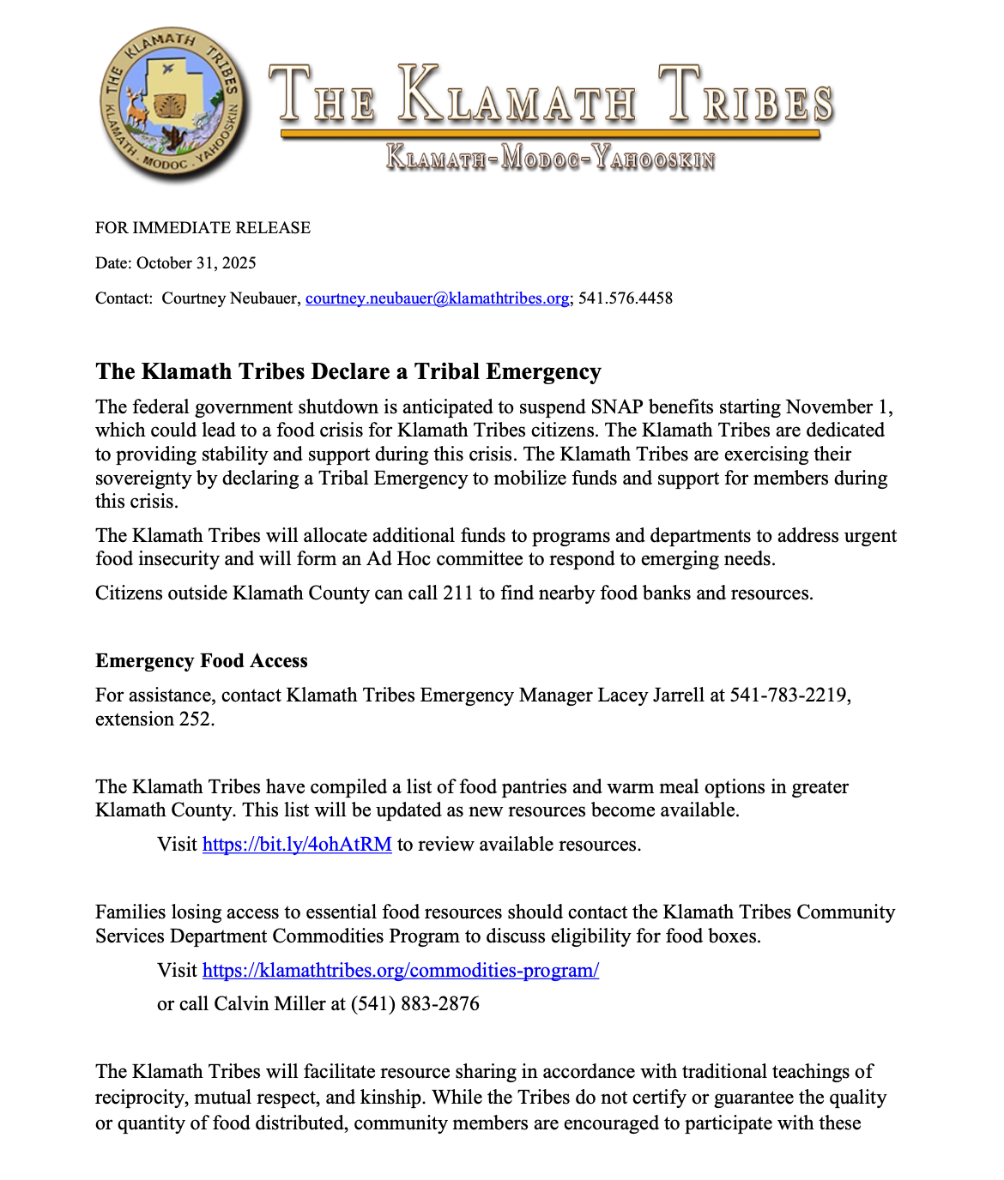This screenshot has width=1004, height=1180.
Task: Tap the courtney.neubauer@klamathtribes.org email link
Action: [438, 298]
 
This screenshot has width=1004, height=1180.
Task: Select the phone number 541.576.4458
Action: [626, 298]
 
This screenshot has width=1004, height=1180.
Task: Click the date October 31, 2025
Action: [197, 263]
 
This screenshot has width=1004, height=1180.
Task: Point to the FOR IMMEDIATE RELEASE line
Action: [203, 228]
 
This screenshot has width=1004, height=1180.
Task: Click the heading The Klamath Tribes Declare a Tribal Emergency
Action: [348, 371]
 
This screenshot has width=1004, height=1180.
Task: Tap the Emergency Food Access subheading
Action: [202, 661]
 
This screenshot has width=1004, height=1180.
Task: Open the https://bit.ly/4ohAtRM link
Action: [297, 845]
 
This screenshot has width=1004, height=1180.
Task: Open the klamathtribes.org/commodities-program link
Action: [401, 971]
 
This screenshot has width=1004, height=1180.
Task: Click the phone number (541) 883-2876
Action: [415, 1004]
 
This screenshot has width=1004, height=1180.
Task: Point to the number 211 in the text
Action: [457, 593]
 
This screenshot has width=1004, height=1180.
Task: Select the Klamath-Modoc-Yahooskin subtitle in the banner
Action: [550, 158]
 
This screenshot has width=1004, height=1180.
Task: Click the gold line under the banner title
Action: [550, 134]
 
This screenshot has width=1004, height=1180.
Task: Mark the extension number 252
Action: [195, 719]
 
